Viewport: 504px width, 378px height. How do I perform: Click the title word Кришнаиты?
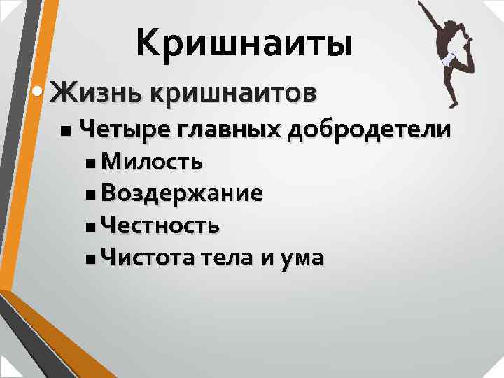244,43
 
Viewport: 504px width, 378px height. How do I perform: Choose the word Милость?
152,162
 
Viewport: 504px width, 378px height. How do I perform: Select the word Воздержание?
182,194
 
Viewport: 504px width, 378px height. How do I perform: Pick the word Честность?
160,225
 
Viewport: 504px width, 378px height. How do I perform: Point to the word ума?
303,258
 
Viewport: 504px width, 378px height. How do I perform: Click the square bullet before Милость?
94,164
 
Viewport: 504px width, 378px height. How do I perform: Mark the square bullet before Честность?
94,227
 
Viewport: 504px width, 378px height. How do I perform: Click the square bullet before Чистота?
94,259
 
